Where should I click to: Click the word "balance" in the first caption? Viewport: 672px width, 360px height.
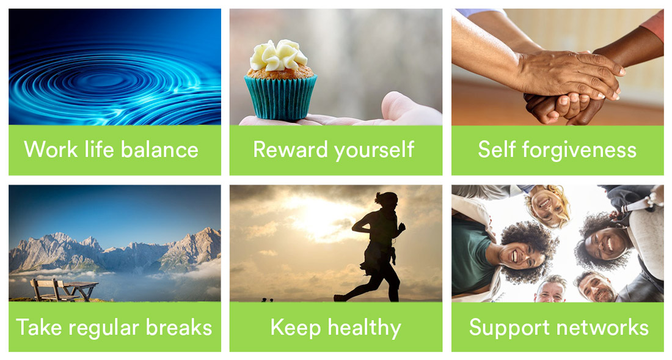click(159, 150)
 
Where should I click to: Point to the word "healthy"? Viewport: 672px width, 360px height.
click(365, 328)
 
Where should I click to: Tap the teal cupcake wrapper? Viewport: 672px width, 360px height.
click(281, 97)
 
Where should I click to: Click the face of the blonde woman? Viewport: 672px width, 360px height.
click(546, 204)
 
